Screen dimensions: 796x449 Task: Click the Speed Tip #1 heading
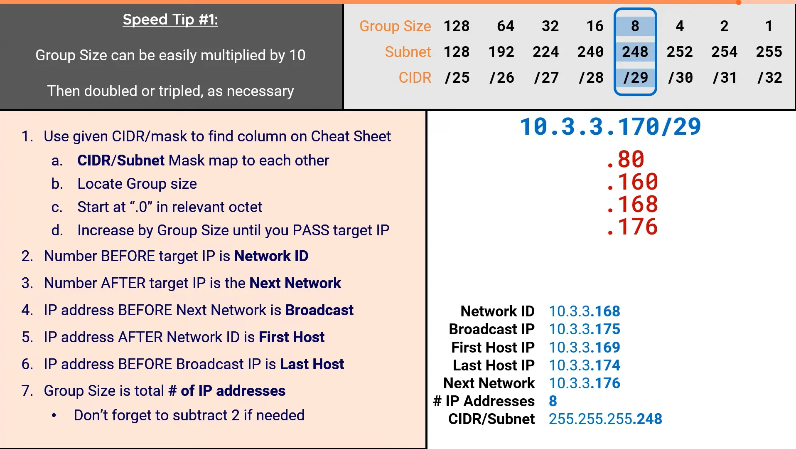(170, 20)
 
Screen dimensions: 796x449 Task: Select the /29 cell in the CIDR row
(635, 78)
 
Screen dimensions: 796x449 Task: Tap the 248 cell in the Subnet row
(635, 52)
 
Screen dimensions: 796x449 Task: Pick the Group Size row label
(395, 26)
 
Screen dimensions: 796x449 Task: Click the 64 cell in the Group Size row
(506, 26)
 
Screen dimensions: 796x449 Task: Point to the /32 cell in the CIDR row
(769, 78)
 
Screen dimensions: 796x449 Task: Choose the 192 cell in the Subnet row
(501, 52)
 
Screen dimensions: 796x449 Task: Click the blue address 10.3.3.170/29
(610, 126)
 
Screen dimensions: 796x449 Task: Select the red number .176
(632, 227)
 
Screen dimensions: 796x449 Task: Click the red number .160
(632, 182)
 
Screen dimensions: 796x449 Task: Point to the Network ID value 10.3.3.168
(584, 311)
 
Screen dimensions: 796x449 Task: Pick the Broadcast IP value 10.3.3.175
(584, 329)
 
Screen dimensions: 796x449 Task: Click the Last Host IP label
(494, 365)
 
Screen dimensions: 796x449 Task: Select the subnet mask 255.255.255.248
(605, 419)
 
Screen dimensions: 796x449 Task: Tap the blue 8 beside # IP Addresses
(553, 401)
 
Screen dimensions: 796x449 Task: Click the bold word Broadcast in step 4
(319, 310)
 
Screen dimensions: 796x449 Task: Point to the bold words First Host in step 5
(291, 337)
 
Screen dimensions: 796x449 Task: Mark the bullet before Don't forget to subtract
(54, 415)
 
